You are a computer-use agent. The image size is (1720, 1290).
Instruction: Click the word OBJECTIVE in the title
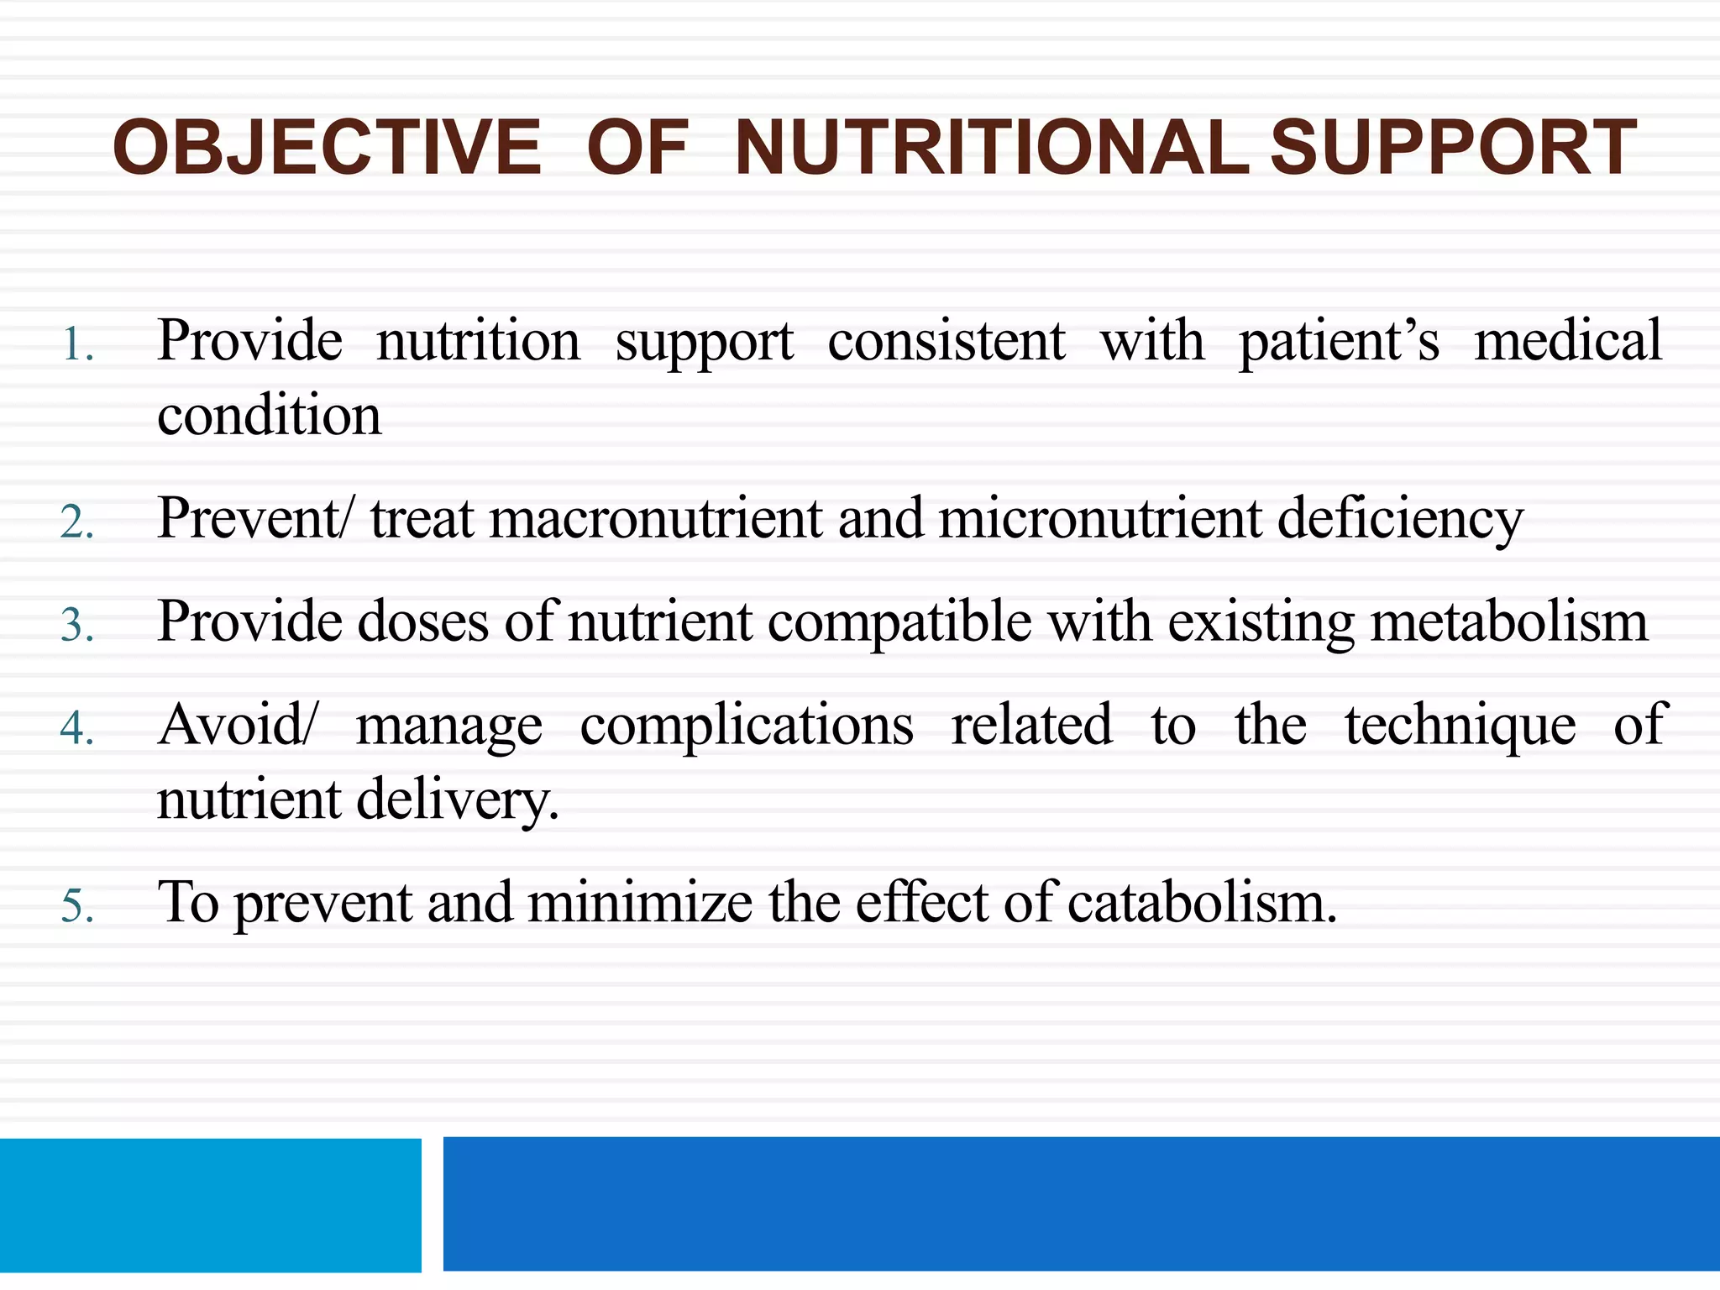pos(327,148)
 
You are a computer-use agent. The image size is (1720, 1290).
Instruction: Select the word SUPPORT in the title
pos(1453,148)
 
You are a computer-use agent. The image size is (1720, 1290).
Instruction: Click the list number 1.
pos(77,345)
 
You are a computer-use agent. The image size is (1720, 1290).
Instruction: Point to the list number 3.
pos(77,626)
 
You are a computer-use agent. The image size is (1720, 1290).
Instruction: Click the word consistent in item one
pos(947,341)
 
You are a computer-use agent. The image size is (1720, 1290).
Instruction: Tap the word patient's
pos(1339,341)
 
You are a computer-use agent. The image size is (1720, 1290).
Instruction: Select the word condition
pos(269,415)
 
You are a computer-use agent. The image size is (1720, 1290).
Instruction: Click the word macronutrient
pos(655,518)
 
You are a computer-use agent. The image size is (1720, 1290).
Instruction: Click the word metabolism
pos(1508,622)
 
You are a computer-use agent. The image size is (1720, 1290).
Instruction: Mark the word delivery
pos(457,800)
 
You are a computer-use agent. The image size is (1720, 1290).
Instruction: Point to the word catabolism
pos(1202,903)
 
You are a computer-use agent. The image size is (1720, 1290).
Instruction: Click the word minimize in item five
pos(639,903)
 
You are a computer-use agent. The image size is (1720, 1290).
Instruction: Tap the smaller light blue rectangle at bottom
pos(210,1204)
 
